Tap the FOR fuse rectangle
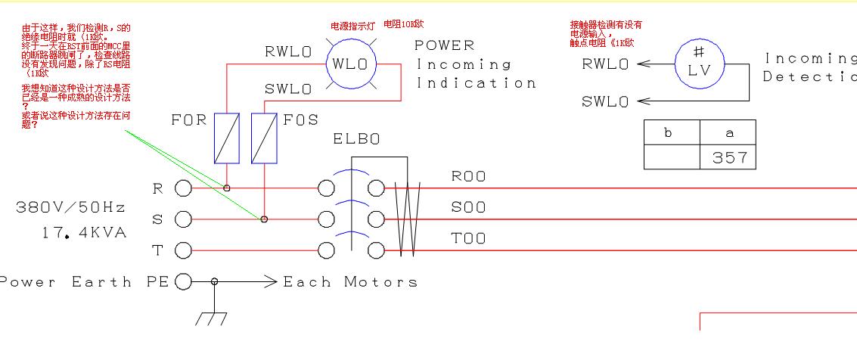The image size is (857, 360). [227, 138]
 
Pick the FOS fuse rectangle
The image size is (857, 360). [263, 138]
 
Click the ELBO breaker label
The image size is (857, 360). [356, 140]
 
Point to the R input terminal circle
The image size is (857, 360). [183, 188]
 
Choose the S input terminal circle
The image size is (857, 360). [183, 219]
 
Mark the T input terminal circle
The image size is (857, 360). [183, 250]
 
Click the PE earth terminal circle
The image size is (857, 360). [183, 282]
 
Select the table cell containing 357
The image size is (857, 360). [729, 157]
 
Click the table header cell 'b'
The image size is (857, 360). [671, 133]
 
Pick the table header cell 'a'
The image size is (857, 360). [729, 133]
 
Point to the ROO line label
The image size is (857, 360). [468, 177]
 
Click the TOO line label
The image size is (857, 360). [468, 239]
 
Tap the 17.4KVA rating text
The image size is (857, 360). [84, 233]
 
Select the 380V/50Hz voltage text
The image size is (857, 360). [70, 206]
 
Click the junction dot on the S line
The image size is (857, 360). [264, 219]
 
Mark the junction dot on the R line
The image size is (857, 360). [227, 188]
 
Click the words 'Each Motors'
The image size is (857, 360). [350, 282]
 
